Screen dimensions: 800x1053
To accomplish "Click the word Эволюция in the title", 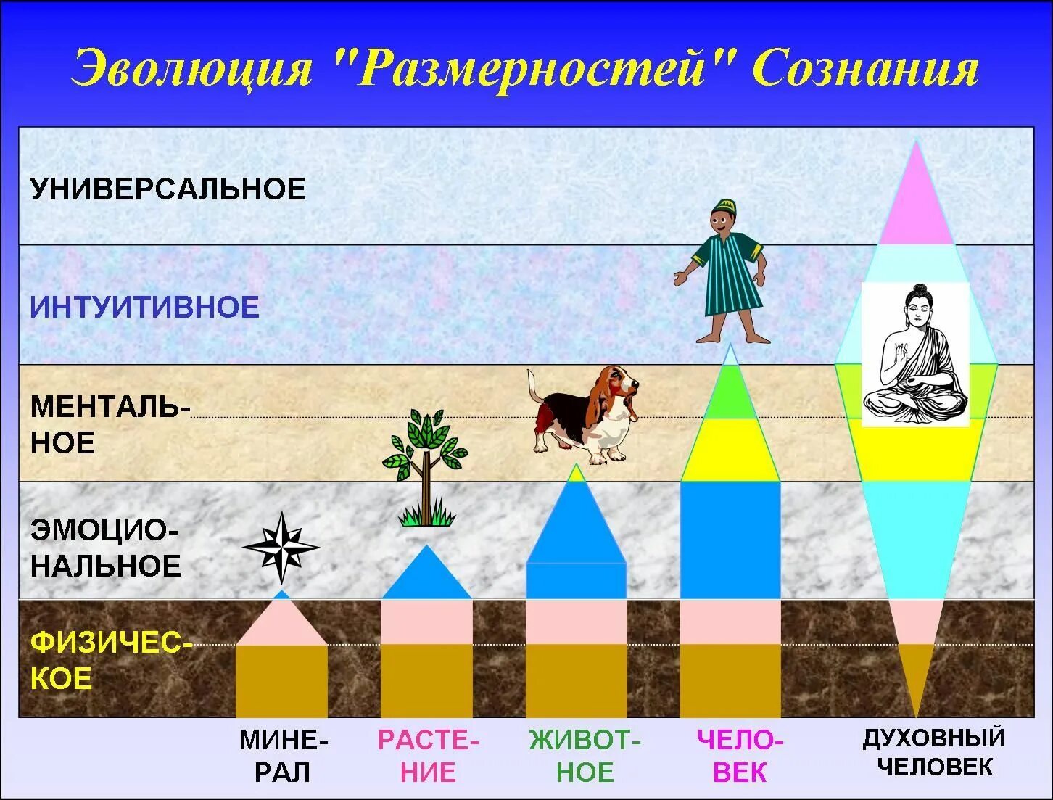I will point(193,69).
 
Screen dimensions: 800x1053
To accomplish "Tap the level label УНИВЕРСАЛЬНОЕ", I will point(168,189).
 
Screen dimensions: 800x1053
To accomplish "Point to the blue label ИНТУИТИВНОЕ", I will point(145,308).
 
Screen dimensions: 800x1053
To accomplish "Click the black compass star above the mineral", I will point(281,548).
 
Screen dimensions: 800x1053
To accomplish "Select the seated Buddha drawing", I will point(915,355).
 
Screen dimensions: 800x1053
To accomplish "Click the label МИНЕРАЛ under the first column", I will point(284,756).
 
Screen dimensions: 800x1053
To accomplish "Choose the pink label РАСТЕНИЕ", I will point(428,756).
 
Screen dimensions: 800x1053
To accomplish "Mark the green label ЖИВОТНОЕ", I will point(585,756).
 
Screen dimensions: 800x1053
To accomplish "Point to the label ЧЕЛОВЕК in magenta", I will point(740,756).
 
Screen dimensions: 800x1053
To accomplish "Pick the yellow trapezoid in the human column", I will point(730,450).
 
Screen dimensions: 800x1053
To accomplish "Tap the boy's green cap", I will point(724,206).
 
